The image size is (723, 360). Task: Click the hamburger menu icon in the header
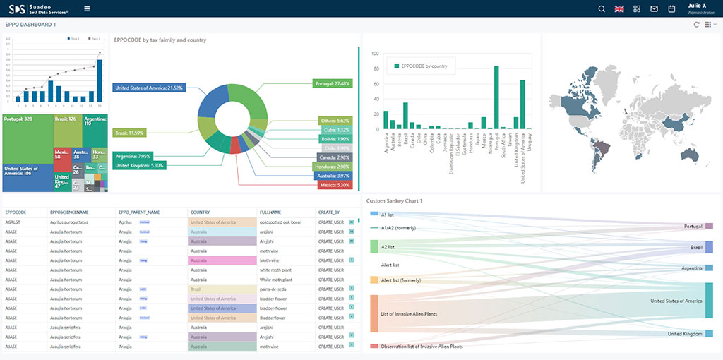[x=87, y=8]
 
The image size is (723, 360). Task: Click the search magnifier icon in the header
[x=602, y=8]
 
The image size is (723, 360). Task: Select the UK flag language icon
[x=619, y=8]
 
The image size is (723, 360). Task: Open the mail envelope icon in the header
[x=654, y=8]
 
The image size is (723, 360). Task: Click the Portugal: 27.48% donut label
[x=332, y=83]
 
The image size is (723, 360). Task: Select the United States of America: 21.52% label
[x=148, y=88]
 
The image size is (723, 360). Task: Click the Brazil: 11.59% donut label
[x=129, y=133]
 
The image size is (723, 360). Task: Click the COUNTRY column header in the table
[x=200, y=212]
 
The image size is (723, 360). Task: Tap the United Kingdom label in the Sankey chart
[x=684, y=334]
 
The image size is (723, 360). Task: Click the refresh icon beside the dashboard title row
[x=697, y=25]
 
